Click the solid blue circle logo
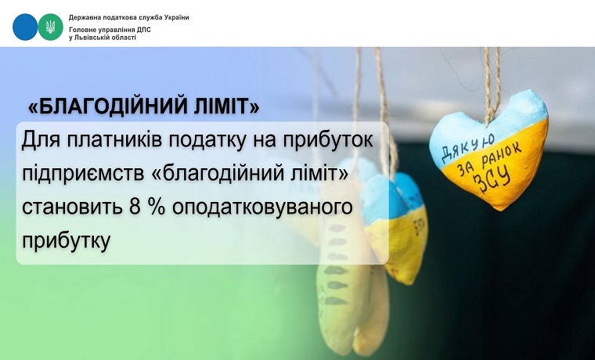(x=25, y=27)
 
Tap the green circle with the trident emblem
(x=50, y=27)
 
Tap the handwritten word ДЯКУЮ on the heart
(x=468, y=147)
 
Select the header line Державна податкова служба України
(x=128, y=17)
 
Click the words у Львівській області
(x=103, y=38)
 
